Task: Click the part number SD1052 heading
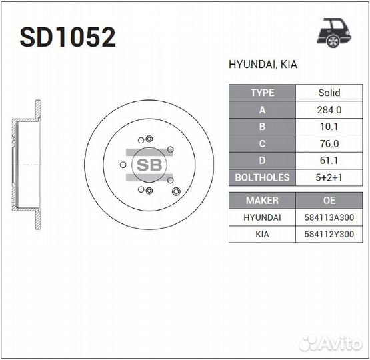point(68,37)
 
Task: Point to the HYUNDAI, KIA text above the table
point(263,65)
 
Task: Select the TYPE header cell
point(262,93)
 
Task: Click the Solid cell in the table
point(329,93)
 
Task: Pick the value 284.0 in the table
point(329,110)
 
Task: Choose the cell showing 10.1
point(329,127)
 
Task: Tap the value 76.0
point(329,143)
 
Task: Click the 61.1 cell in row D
point(329,161)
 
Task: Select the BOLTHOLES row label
point(262,177)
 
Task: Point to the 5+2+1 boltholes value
point(329,177)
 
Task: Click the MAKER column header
point(262,200)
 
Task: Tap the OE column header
point(329,200)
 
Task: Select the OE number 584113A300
point(329,217)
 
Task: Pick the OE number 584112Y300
point(329,234)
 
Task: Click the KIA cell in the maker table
point(262,234)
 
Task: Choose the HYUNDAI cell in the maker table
point(262,217)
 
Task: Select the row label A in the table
point(262,110)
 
